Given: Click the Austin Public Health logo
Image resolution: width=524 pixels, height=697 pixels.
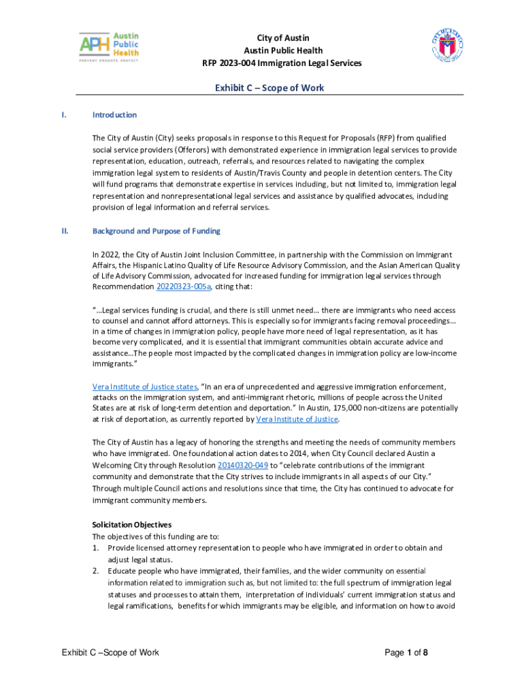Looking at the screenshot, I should click(x=109, y=47).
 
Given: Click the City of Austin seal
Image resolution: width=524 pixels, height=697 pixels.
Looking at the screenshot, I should click(x=447, y=48).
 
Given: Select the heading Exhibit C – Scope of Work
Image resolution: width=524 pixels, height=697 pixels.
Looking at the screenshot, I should click(x=269, y=88).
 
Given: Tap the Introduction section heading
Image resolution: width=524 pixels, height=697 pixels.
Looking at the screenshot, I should click(x=114, y=115).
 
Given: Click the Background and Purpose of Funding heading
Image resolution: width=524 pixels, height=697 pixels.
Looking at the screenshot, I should click(x=156, y=231).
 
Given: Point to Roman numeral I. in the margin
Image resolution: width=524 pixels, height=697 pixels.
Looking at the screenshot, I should click(x=64, y=115).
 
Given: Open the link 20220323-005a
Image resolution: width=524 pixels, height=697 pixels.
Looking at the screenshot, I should click(x=184, y=287).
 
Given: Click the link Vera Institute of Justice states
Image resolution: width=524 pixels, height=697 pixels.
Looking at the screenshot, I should click(x=144, y=387).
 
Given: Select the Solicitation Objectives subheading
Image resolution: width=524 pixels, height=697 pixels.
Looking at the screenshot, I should click(x=131, y=525).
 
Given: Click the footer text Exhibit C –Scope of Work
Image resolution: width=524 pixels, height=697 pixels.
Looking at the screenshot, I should click(x=110, y=653).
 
